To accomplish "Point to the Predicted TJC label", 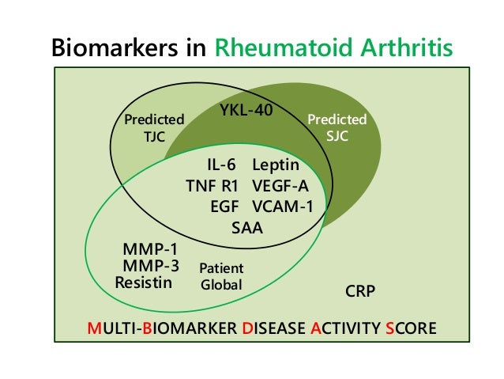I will pyautogui.click(x=155, y=127).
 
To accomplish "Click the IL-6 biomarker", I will pyautogui.click(x=222, y=165).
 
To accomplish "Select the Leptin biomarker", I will pyautogui.click(x=276, y=165).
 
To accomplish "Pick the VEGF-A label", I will pyautogui.click(x=280, y=186).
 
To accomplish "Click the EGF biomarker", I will pyautogui.click(x=224, y=207).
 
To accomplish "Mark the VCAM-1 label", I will pyautogui.click(x=283, y=207).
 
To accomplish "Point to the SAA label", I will pyautogui.click(x=246, y=228).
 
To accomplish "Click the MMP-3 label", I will pyautogui.click(x=150, y=267).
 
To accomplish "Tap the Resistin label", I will pyautogui.click(x=143, y=282).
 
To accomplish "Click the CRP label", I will pyautogui.click(x=360, y=291).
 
